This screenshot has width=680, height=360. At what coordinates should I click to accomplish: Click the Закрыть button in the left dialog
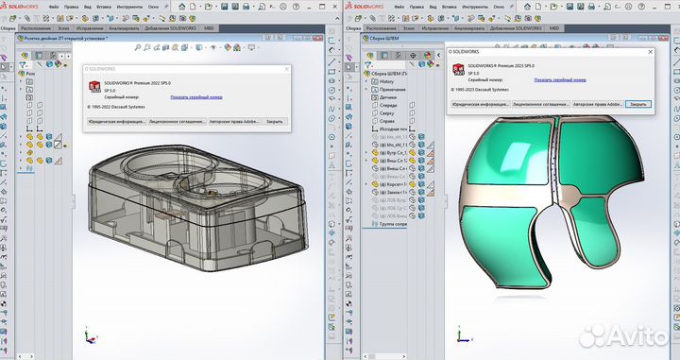click(274, 122)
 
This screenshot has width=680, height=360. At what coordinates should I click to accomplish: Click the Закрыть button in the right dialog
click(638, 103)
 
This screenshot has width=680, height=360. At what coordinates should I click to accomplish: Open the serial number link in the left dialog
click(196, 96)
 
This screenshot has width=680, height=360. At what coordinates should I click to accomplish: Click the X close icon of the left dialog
click(286, 70)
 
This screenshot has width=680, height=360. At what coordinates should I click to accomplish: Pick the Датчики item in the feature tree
click(389, 91)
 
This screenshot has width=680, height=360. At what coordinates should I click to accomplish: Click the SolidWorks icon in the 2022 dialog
click(94, 87)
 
